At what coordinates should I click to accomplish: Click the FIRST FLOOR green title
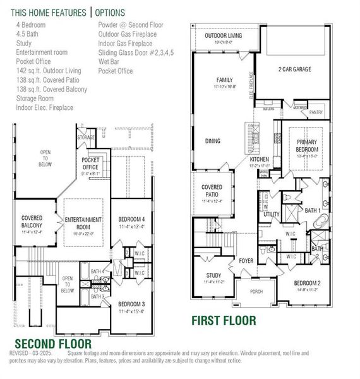click(x=224, y=320)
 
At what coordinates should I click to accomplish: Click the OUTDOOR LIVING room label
click(x=222, y=37)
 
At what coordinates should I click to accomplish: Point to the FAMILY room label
click(x=224, y=81)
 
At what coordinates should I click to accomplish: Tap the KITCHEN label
click(x=260, y=160)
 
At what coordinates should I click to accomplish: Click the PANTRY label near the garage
click(x=315, y=112)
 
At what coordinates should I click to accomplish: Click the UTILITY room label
click(x=272, y=214)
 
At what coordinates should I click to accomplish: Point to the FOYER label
click(x=246, y=260)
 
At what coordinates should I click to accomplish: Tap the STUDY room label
click(x=213, y=276)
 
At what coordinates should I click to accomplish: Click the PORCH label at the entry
click(x=256, y=292)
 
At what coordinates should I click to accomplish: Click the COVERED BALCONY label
click(x=32, y=222)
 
